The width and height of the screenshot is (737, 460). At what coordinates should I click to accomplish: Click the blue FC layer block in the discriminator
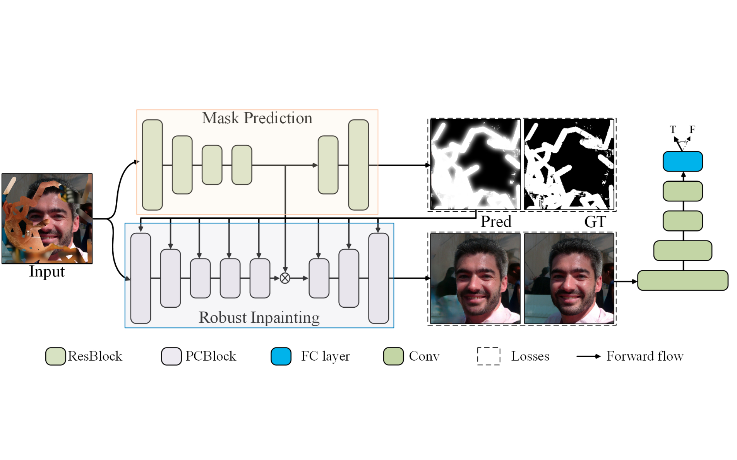coord(682,161)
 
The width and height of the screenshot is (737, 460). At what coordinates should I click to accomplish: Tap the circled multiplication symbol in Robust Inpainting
coord(285,278)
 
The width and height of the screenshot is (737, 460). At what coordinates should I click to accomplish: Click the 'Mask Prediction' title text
coord(257,118)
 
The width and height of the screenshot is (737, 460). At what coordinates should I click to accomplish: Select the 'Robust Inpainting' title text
coord(259,317)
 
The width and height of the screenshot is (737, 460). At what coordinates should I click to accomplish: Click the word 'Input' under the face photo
coord(47,271)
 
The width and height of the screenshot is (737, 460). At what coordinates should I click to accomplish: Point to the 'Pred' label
coord(496,221)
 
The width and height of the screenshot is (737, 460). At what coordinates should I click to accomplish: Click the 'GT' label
coord(595,221)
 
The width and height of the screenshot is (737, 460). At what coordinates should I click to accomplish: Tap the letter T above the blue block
coord(673,129)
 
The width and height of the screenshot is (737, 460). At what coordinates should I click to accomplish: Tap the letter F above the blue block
coord(692,129)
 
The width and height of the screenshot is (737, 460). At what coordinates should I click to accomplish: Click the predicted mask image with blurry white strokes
coord(475,164)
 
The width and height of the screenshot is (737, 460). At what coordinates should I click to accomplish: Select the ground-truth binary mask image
coord(569,164)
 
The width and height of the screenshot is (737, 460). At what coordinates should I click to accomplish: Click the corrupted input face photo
coord(47,218)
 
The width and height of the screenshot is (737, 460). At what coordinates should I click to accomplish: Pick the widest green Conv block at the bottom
coord(682,280)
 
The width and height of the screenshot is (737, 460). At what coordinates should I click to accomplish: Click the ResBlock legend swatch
coord(55,356)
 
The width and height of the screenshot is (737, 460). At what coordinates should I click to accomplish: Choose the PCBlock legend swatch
coord(171,356)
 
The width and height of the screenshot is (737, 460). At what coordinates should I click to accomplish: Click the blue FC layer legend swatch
coord(281,356)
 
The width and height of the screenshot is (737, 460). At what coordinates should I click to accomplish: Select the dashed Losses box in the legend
coord(488,356)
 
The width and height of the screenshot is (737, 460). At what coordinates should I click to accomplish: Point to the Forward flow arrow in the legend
coord(588,356)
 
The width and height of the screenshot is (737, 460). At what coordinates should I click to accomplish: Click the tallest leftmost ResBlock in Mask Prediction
coord(152,165)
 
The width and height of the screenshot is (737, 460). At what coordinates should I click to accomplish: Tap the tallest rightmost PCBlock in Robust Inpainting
coord(378,278)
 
